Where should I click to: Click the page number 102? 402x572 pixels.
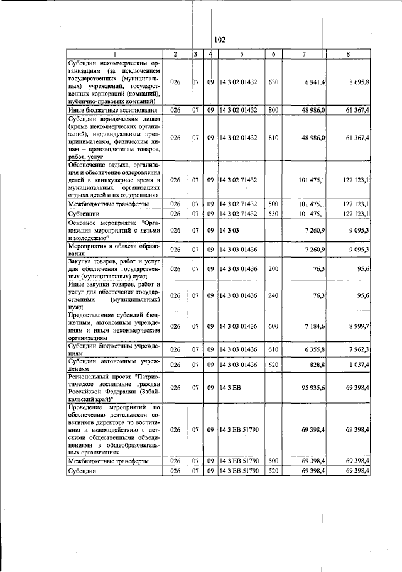pyautogui.click(x=219, y=40)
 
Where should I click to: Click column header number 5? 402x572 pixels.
pyautogui.click(x=241, y=54)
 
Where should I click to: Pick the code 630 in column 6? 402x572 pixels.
pyautogui.click(x=273, y=82)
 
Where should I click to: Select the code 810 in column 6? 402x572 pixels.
pyautogui.click(x=273, y=137)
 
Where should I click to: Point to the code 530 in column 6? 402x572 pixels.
pyautogui.click(x=273, y=214)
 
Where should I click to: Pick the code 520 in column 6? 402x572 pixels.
pyautogui.click(x=273, y=470)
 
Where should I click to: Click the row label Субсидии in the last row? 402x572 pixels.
pyautogui.click(x=83, y=470)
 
